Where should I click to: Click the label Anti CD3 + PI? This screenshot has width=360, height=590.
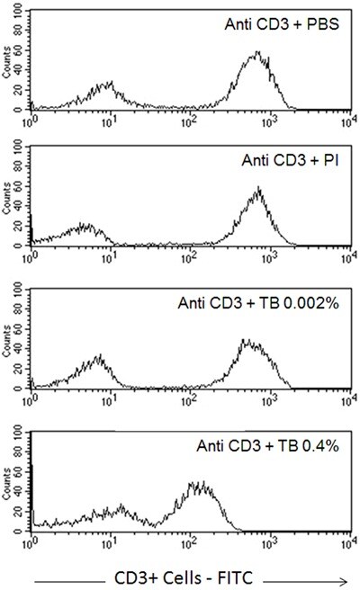[x=287, y=162]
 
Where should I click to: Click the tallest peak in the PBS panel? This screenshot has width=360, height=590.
[x=257, y=53]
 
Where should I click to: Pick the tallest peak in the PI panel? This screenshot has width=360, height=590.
[x=258, y=189]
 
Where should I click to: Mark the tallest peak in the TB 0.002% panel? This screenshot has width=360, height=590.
[x=246, y=342]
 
